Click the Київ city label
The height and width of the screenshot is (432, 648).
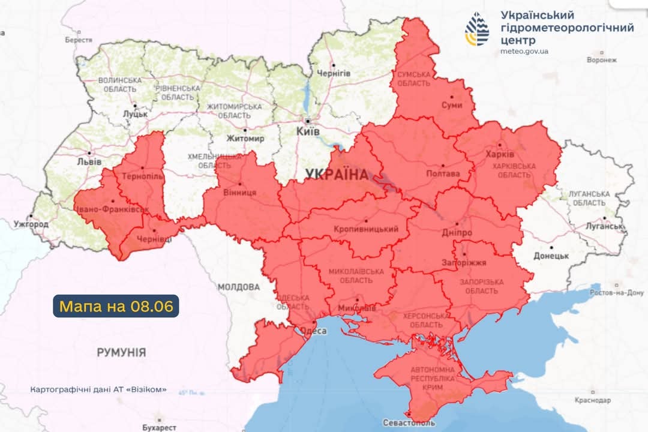[308, 131]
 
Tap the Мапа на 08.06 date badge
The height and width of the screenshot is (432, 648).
[116, 306]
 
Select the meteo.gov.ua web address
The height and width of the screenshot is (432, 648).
[524, 52]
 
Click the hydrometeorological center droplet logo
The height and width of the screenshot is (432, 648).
[476, 29]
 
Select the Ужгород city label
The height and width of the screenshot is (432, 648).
[31, 224]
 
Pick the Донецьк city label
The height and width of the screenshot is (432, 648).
[551, 256]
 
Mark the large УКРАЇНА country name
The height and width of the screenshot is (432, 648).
[336, 175]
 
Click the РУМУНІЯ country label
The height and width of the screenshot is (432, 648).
[121, 352]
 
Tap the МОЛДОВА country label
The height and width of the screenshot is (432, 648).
[238, 287]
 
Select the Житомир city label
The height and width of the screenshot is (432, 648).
[245, 139]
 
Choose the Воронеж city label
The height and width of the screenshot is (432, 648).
[602, 60]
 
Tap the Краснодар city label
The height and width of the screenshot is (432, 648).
[592, 400]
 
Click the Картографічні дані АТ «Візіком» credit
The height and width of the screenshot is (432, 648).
[98, 389]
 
